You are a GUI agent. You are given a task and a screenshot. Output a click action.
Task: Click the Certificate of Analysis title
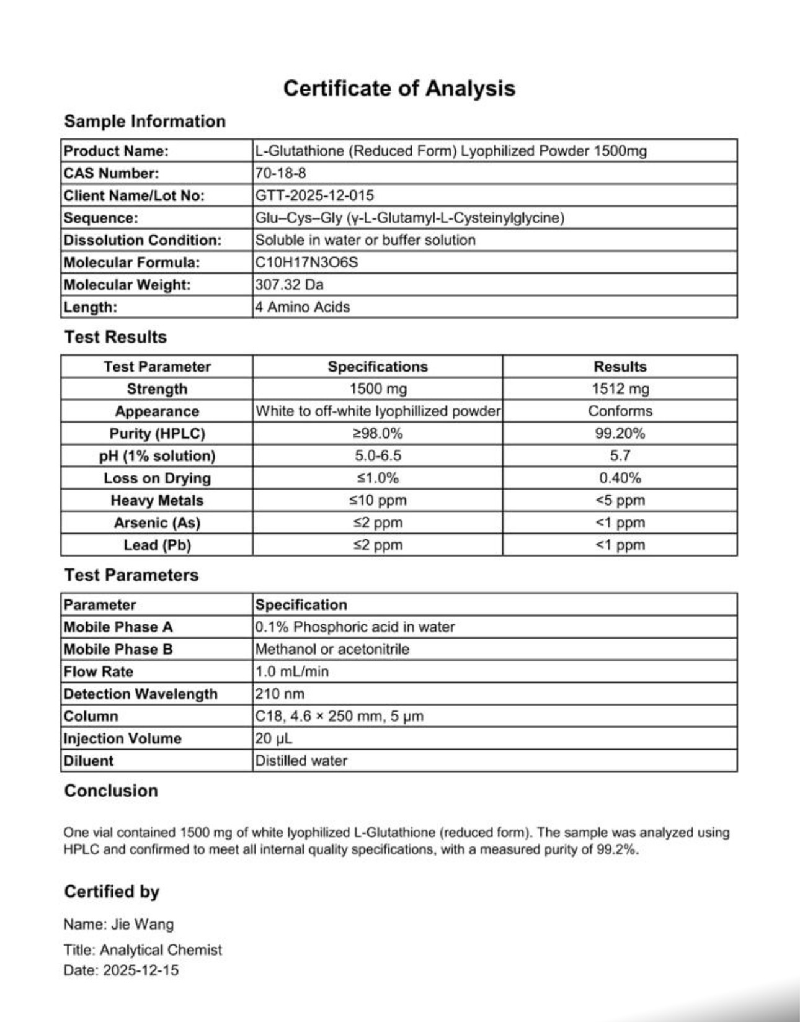(399, 88)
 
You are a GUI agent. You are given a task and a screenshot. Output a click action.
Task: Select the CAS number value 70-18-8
(280, 173)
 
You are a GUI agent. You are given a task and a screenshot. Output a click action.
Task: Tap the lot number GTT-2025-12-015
(314, 195)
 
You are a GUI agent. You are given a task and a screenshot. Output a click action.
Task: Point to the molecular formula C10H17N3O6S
(306, 262)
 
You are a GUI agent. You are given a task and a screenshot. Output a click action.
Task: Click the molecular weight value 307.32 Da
(289, 285)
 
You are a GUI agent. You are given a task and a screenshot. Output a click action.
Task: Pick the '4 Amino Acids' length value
(302, 307)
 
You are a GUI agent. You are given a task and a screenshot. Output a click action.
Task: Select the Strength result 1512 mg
(620, 389)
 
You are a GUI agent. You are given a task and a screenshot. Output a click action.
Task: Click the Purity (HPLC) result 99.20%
(620, 434)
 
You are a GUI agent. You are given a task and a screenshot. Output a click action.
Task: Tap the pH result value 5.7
(620, 456)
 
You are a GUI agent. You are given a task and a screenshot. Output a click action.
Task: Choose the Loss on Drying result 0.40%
(620, 478)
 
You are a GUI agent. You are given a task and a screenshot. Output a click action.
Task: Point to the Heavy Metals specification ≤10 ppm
(378, 501)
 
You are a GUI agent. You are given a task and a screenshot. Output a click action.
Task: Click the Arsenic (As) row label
(157, 523)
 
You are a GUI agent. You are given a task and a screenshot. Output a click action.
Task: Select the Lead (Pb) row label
(157, 545)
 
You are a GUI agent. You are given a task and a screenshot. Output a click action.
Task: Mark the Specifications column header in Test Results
(378, 367)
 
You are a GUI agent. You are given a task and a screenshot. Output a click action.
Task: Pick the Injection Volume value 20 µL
(273, 739)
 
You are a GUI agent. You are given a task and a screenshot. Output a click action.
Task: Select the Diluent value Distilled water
(301, 761)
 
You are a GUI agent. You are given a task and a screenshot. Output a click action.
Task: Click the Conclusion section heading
(111, 791)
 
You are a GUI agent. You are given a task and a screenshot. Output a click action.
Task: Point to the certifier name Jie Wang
(142, 925)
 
